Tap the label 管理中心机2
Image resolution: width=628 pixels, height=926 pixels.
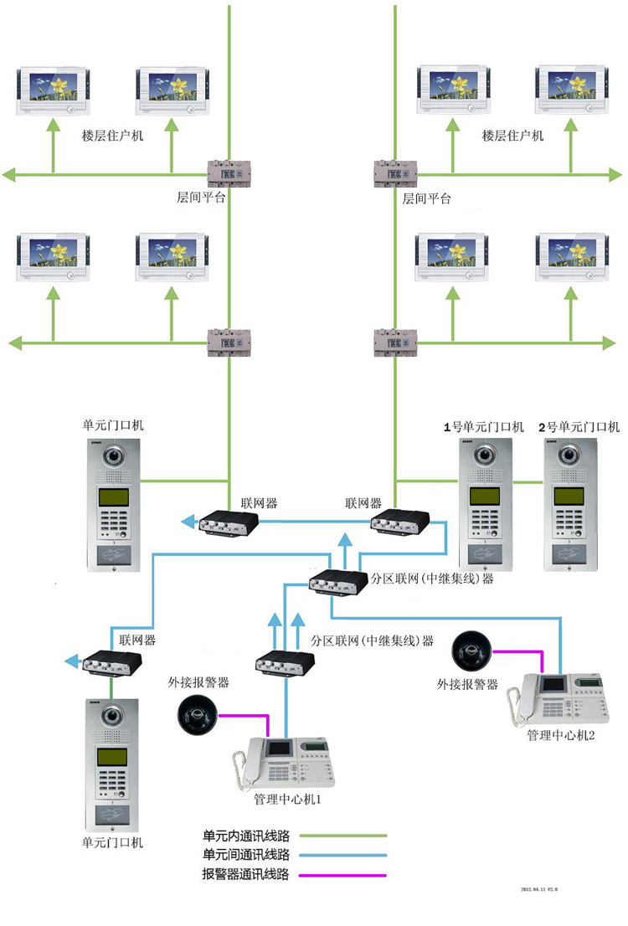(561, 734)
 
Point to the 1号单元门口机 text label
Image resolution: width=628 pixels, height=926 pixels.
(483, 427)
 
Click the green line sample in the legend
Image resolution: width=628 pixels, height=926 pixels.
(343, 836)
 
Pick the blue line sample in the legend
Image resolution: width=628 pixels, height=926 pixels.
(343, 856)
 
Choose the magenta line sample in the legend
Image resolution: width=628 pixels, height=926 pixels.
(343, 876)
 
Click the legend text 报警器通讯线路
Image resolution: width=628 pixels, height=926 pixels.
(246, 876)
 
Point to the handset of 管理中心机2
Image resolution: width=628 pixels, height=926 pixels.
(526, 697)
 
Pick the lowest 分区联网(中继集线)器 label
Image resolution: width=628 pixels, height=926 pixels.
(372, 640)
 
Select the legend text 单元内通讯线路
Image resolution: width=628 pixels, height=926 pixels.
(246, 836)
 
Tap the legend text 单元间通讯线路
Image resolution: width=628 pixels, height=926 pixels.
(246, 856)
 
